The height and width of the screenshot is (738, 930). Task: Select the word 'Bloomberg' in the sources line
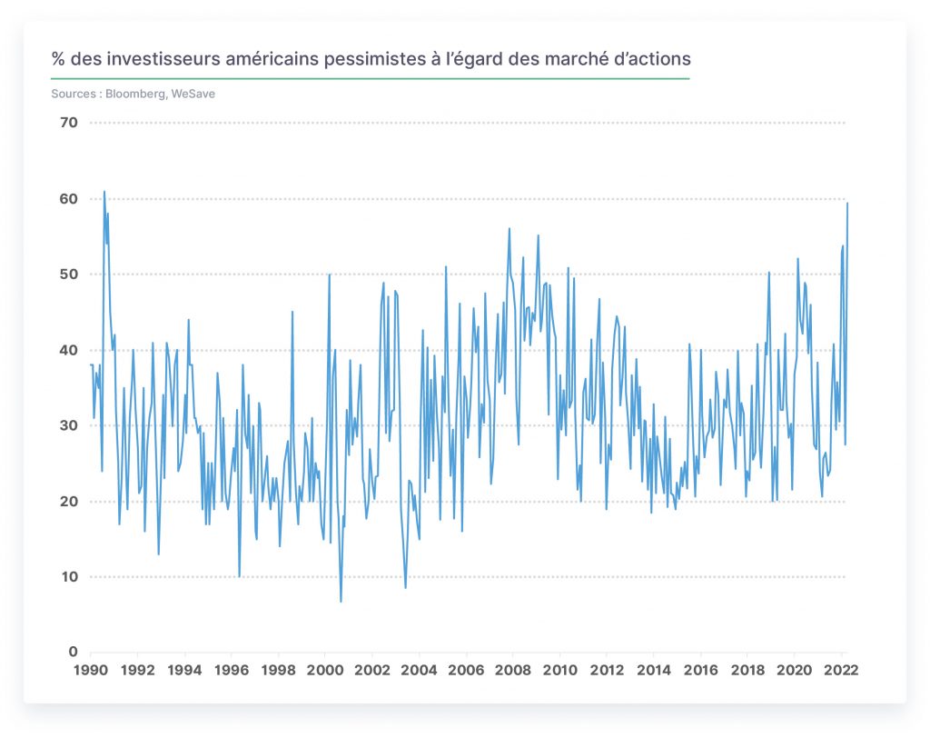tap(135, 94)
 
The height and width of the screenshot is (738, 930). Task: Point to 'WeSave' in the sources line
tap(193, 94)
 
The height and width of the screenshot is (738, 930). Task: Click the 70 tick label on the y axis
tap(69, 123)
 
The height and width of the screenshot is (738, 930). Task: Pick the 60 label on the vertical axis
tap(69, 199)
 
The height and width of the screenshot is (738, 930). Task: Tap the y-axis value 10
tap(69, 576)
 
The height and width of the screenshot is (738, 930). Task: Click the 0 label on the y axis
tap(73, 652)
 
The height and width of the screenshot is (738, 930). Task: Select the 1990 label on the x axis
tap(91, 671)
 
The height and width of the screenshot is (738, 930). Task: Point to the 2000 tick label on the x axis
tap(325, 671)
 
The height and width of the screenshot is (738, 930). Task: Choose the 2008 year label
tap(513, 671)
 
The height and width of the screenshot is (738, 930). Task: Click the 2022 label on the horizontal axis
tap(841, 671)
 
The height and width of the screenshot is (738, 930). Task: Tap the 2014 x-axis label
tap(654, 671)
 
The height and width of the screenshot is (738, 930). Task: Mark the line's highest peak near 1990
tap(104, 192)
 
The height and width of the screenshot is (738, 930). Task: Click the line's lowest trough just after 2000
tap(341, 602)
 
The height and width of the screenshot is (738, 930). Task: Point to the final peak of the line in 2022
tap(847, 203)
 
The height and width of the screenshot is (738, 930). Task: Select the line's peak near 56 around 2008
tap(509, 229)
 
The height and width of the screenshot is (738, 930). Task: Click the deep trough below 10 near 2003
tap(406, 588)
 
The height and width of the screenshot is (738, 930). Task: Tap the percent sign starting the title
tap(57, 59)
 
